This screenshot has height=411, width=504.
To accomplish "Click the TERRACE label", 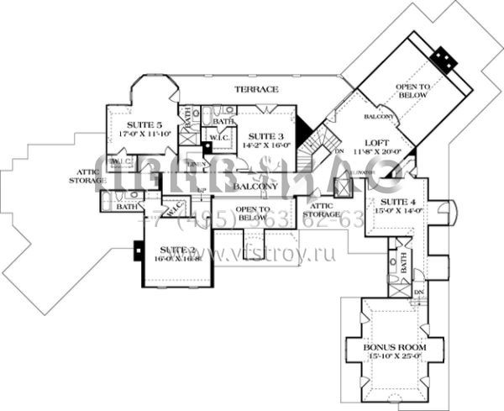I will (x=256, y=89).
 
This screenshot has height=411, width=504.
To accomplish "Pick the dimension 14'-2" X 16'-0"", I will (x=264, y=145).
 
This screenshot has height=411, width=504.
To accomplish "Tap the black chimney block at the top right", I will (x=443, y=59).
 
